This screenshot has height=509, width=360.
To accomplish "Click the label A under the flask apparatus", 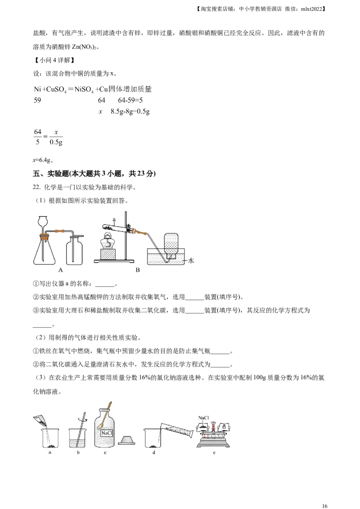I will click(60, 270).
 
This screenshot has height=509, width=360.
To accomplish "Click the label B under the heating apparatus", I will click(138, 270).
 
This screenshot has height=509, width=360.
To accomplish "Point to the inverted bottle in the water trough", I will click(171, 245).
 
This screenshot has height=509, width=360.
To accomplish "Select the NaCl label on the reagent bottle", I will click(107, 433).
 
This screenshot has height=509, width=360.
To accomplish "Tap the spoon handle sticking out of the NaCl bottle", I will click(108, 405).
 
